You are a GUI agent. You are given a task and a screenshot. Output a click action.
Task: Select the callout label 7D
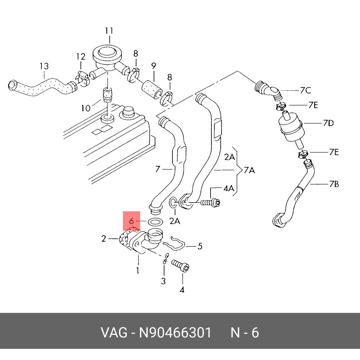[328, 123]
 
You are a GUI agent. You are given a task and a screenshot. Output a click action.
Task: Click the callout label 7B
[334, 185]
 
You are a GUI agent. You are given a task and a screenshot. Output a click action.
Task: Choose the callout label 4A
[229, 188]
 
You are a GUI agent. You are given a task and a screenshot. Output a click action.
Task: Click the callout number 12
[81, 57]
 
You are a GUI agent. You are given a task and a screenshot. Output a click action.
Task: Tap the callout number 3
[163, 281]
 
